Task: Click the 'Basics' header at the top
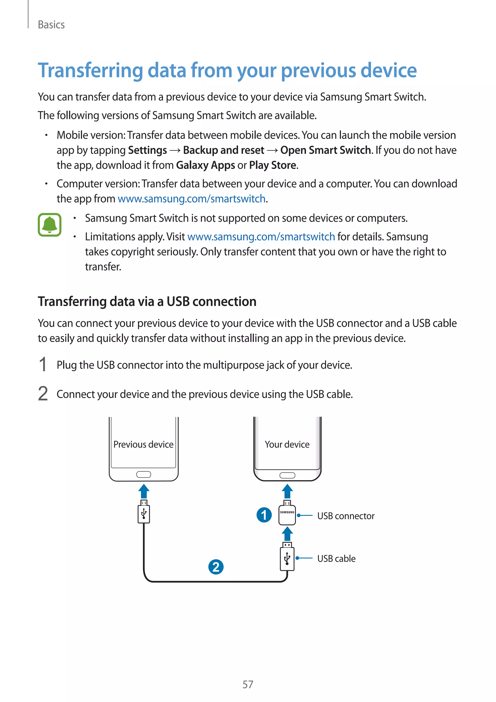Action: tap(51, 25)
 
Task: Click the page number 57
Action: tap(248, 684)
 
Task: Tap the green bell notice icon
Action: tap(49, 225)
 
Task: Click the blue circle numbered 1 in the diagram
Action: tap(264, 515)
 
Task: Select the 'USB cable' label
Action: tap(336, 558)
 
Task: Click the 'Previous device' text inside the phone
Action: tap(143, 444)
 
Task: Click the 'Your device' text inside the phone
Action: tap(287, 444)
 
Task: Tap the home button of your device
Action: tap(287, 475)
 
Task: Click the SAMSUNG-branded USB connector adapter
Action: tap(287, 515)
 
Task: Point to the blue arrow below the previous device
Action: tap(144, 491)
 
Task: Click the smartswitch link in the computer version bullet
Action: tap(192, 199)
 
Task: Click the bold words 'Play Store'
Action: tap(272, 165)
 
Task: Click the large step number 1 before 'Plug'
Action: tap(43, 364)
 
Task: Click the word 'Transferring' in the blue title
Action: tap(90, 71)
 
